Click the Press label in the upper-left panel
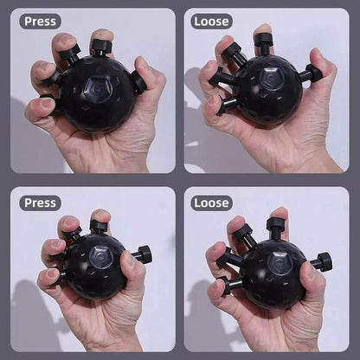pyautogui.click(x=41, y=22)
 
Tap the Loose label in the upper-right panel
pyautogui.click(x=212, y=22)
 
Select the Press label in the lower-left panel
pyautogui.click(x=41, y=202)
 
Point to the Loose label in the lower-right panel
pyautogui.click(x=212, y=202)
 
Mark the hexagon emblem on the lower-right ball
pyautogui.click(x=280, y=261)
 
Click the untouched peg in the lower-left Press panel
pyautogui.click(x=141, y=254)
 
